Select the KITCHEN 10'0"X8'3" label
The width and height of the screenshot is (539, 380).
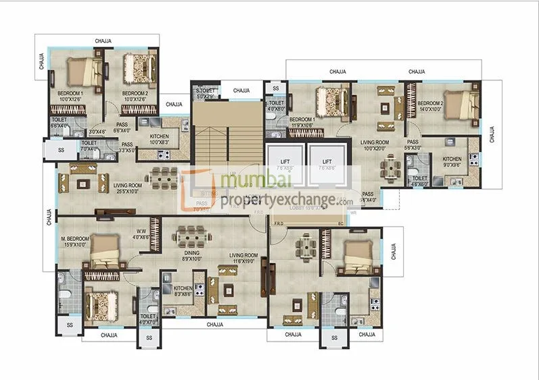(160, 139)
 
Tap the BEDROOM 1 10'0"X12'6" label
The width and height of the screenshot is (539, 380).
(70, 96)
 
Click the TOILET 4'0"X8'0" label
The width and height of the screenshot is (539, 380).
(276, 106)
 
